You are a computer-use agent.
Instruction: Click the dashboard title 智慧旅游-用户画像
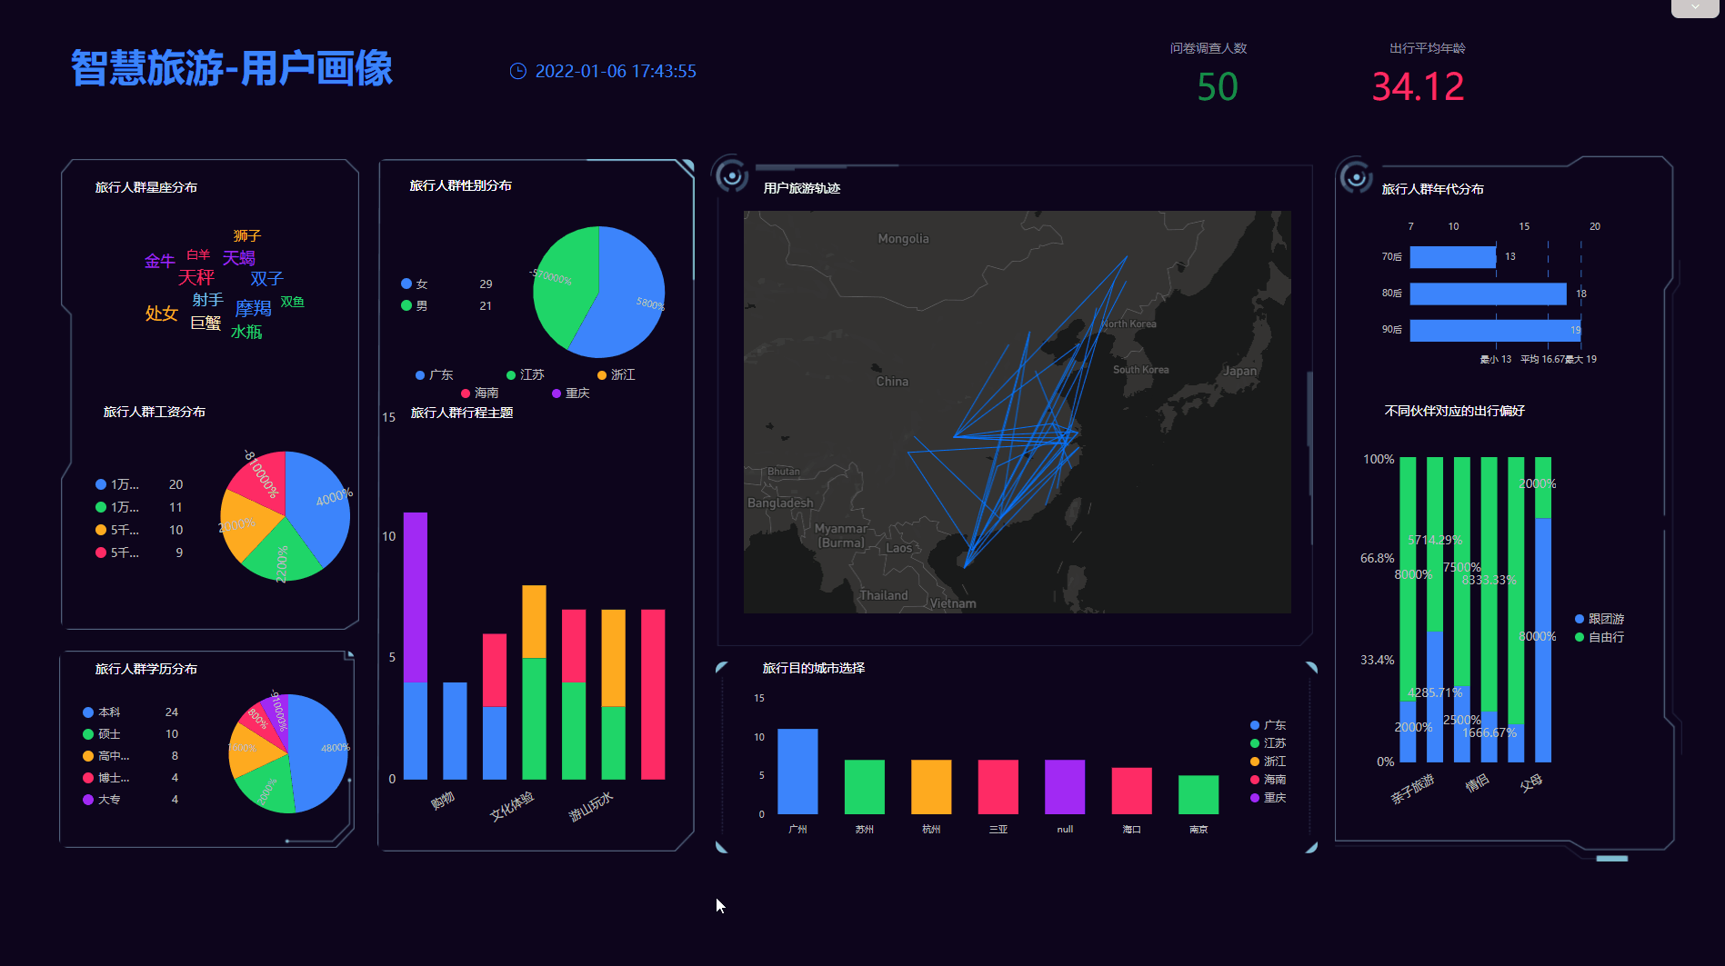tap(232, 68)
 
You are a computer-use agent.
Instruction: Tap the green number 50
tap(1218, 87)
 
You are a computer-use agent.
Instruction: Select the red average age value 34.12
tap(1418, 87)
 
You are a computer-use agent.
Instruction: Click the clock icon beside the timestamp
tap(517, 71)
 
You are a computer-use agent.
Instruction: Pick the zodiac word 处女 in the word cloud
tap(161, 314)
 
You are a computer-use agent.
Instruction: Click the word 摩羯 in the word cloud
tap(253, 308)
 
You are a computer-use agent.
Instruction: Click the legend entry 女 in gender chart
tap(421, 284)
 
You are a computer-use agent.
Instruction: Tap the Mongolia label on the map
tap(903, 239)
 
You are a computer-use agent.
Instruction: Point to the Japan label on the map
tap(1239, 371)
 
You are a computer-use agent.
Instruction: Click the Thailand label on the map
tap(884, 595)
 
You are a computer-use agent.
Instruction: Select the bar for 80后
tap(1488, 294)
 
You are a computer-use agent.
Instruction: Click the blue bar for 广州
tap(797, 771)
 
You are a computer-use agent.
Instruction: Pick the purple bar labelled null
tap(1065, 786)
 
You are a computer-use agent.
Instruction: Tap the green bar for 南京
tap(1198, 794)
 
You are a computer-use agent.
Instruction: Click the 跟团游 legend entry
tap(1605, 619)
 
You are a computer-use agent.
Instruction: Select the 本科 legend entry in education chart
tap(108, 712)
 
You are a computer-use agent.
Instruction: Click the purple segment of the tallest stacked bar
tap(416, 596)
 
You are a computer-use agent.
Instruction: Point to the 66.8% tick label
tap(1377, 558)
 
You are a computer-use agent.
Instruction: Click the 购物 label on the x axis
tap(442, 801)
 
